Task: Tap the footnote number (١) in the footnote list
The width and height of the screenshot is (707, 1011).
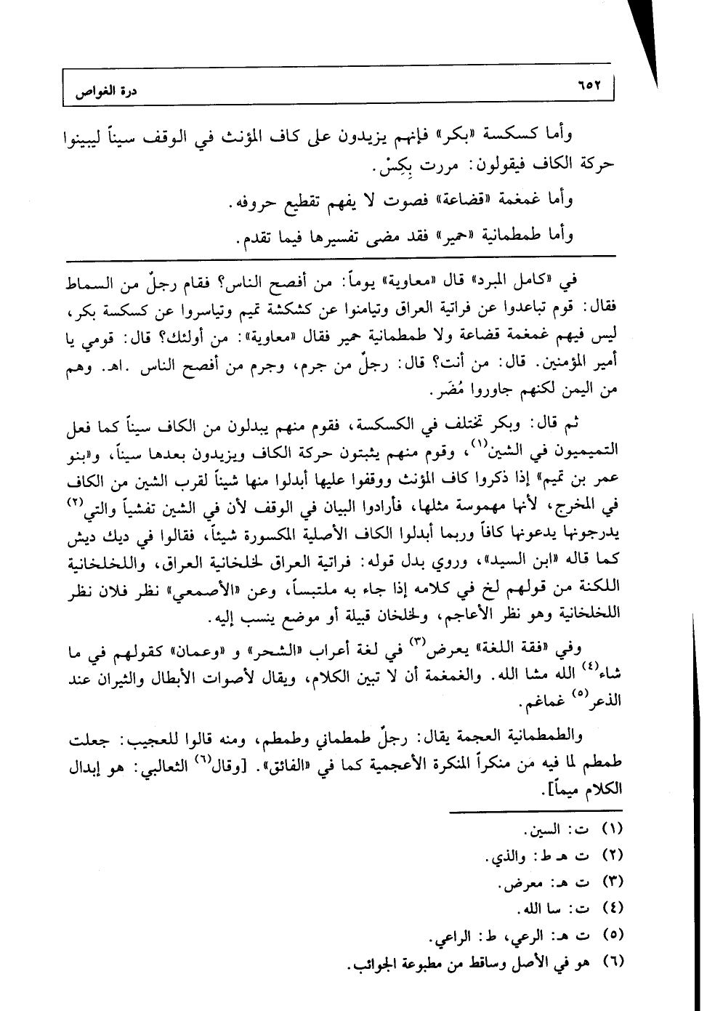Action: coord(614,829)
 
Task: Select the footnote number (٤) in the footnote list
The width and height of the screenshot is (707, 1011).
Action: coord(614,908)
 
